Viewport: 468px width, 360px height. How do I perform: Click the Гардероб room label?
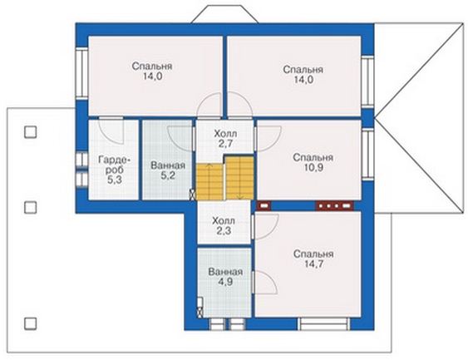coord(115,170)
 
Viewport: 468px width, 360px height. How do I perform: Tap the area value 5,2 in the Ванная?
coord(168,175)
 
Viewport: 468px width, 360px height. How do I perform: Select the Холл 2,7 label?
coord(225,139)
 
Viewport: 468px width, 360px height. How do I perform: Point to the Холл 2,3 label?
coord(224,225)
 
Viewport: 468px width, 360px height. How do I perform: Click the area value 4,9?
coord(225,282)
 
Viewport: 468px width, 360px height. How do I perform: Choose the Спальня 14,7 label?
coord(313,259)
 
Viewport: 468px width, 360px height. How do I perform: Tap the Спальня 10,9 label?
coord(313,162)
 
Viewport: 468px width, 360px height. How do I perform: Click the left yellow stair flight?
coord(209,181)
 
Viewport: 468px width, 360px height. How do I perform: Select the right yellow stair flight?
coord(239,178)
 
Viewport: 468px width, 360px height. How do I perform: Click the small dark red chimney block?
coord(264,205)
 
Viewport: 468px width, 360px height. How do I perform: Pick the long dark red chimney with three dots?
coord(335,205)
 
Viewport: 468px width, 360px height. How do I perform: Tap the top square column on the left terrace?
coord(31,131)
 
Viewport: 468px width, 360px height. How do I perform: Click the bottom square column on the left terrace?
coord(31,323)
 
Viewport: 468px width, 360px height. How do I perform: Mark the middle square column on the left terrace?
coord(31,208)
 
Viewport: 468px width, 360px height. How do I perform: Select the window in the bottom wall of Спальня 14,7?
coord(324,324)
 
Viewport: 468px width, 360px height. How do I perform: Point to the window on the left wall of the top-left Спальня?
coord(81,73)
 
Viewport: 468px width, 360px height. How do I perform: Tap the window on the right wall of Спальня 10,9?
coord(367,155)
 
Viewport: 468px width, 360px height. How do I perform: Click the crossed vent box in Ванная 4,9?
coord(200,313)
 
